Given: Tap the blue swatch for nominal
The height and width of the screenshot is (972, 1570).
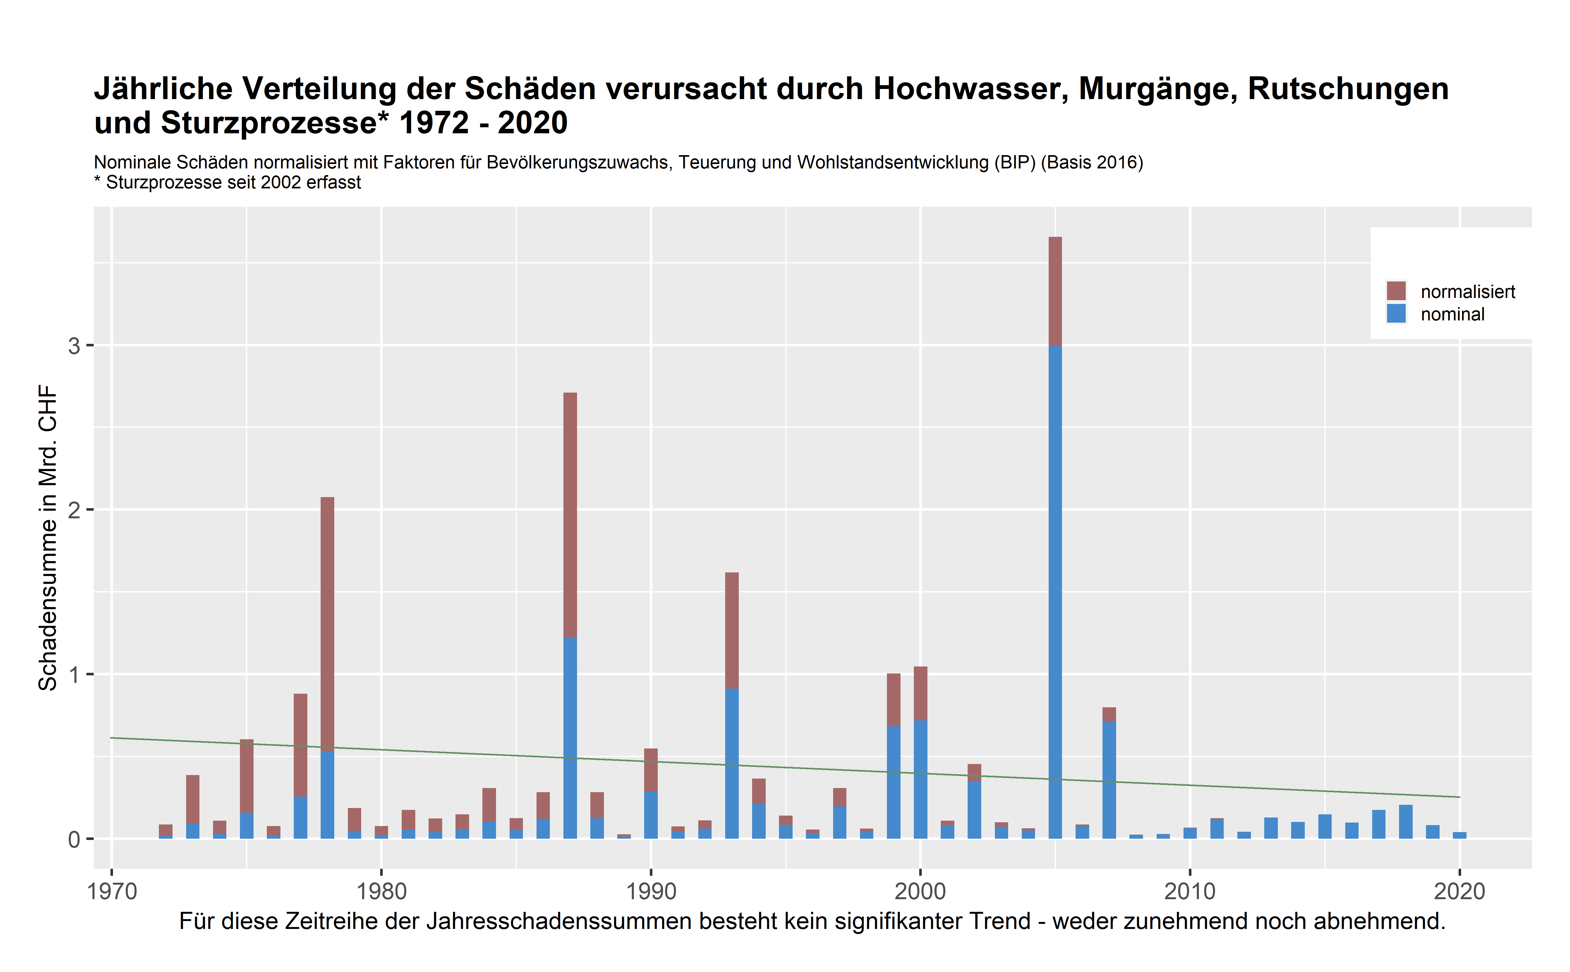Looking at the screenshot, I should [1396, 314].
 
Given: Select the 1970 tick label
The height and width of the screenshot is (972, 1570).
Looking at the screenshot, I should [112, 892].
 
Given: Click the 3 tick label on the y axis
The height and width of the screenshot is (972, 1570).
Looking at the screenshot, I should [75, 346].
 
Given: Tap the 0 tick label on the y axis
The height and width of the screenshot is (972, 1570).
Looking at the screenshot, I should [75, 840].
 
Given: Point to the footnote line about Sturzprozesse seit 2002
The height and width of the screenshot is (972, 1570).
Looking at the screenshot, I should [228, 183].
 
